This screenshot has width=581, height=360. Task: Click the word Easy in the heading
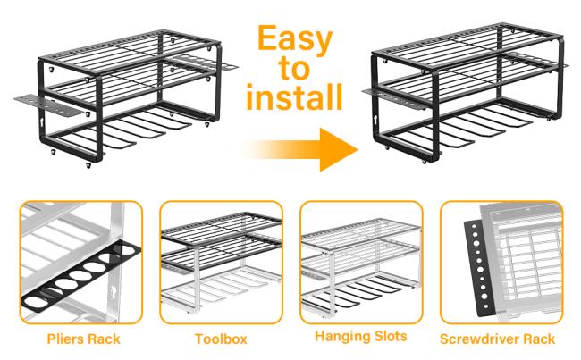pyautogui.click(x=295, y=39)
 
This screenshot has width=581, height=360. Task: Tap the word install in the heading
pyautogui.click(x=294, y=96)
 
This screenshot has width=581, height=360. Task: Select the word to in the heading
pyautogui.click(x=295, y=69)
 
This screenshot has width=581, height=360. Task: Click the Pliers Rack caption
pyautogui.click(x=84, y=339)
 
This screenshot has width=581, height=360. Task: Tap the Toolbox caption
pyautogui.click(x=221, y=339)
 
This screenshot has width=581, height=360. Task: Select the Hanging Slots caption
pyautogui.click(x=361, y=336)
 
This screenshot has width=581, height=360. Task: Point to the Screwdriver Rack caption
pyautogui.click(x=497, y=339)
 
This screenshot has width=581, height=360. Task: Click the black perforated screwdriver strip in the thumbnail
pyautogui.click(x=480, y=267)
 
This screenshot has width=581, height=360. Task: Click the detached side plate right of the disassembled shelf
pyautogui.click(x=206, y=63)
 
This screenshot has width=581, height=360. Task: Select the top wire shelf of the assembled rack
pyautogui.click(x=467, y=47)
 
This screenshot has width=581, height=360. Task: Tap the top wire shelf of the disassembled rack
pyautogui.click(x=131, y=52)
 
